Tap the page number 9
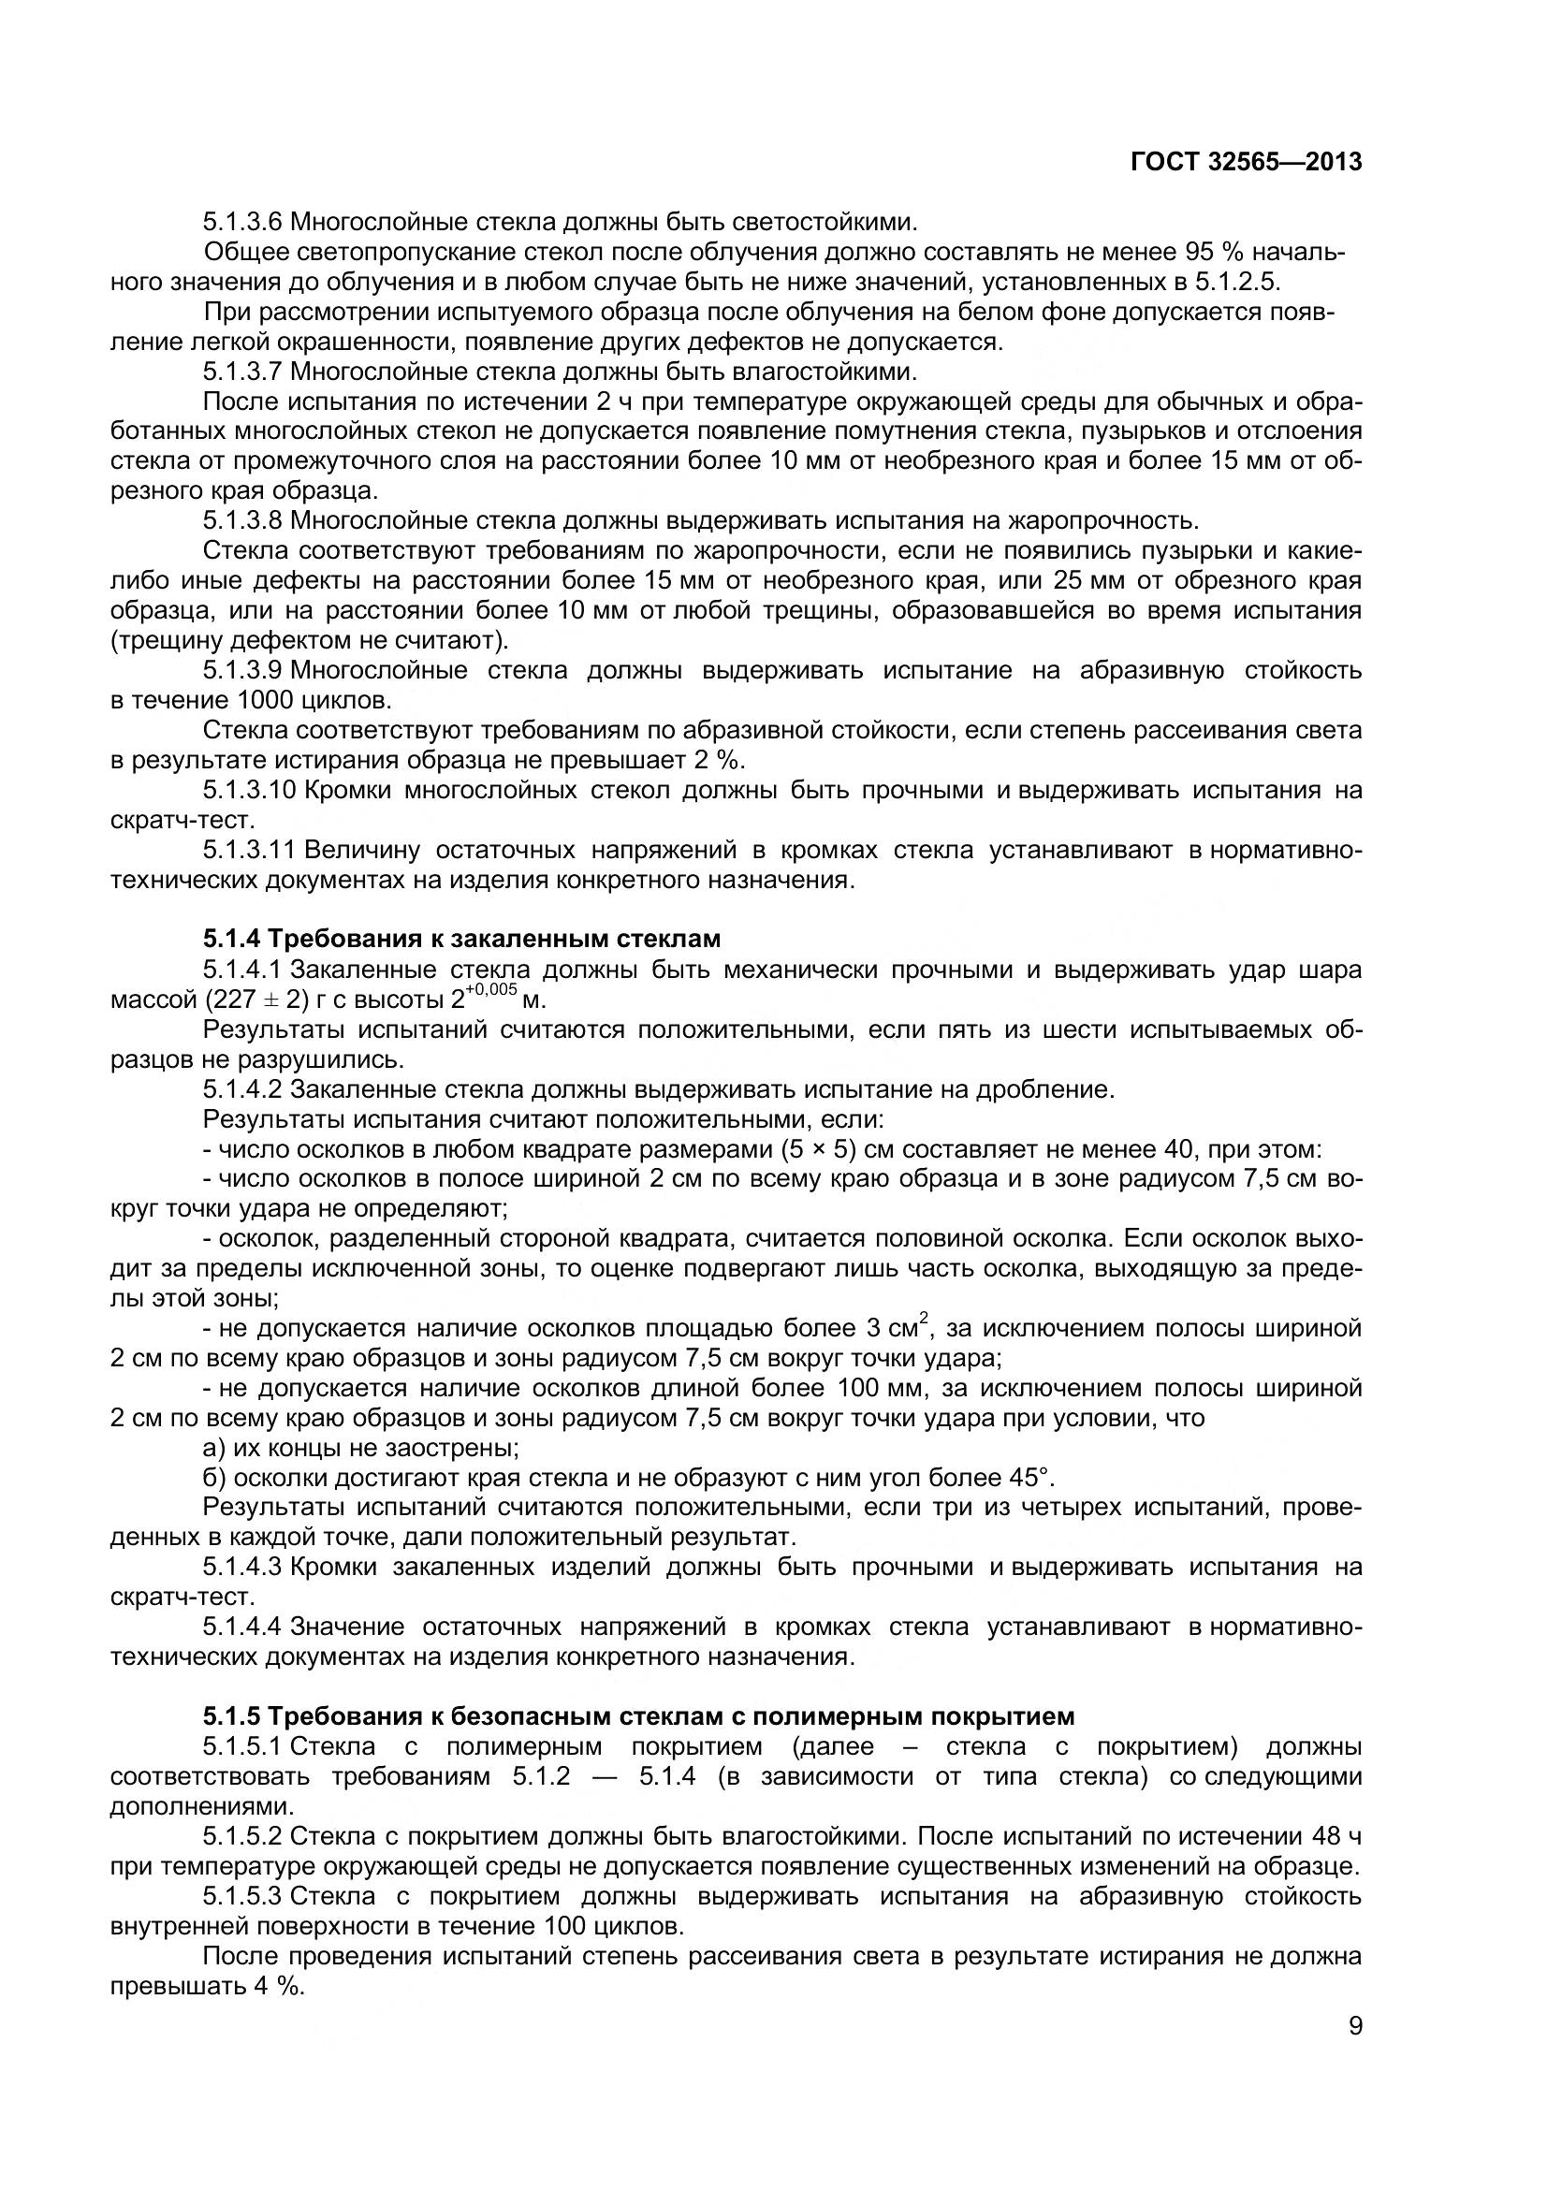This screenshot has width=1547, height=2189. click(x=1354, y=2051)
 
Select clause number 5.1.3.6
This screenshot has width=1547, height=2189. click(x=242, y=223)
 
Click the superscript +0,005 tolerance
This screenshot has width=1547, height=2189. click(x=491, y=990)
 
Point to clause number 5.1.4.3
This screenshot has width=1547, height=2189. click(x=242, y=1568)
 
